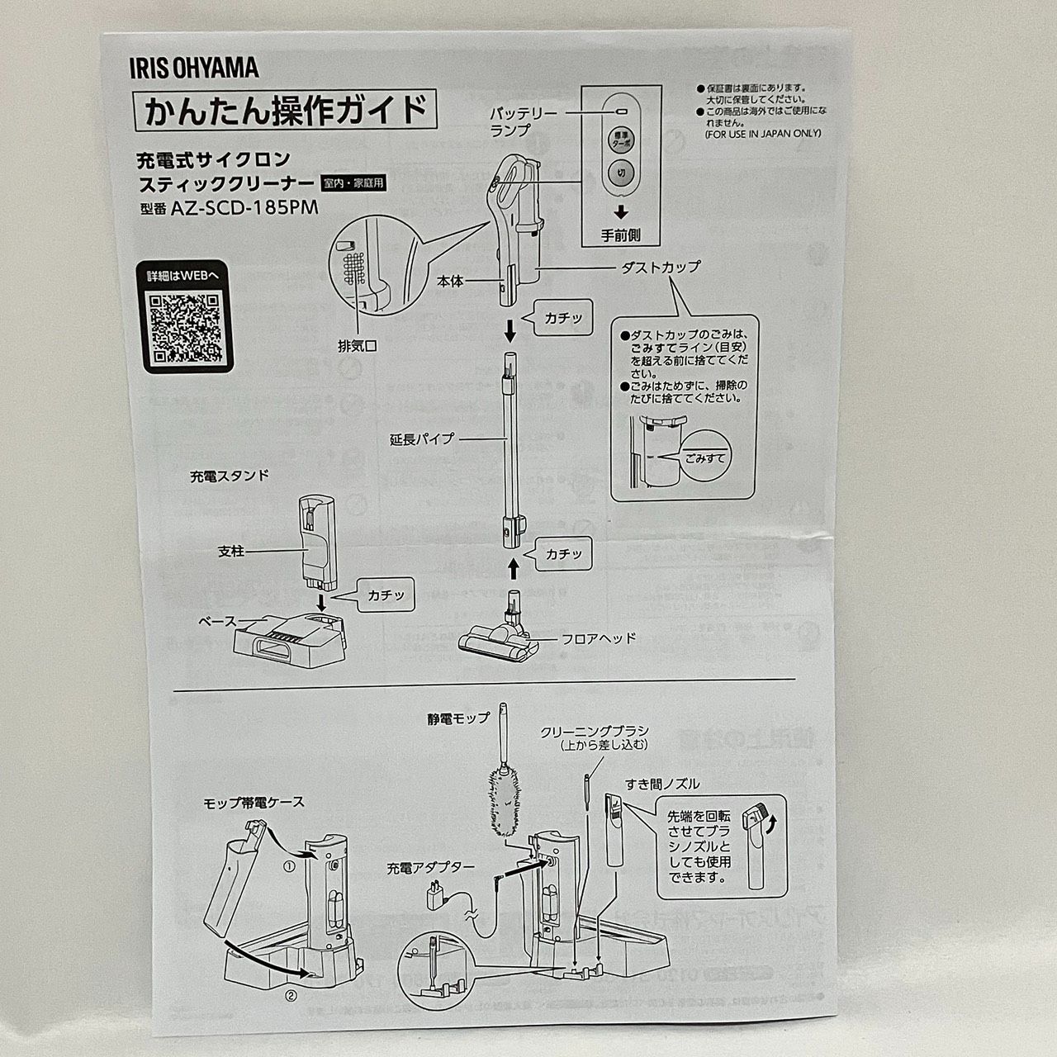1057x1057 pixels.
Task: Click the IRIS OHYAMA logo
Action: [192, 68]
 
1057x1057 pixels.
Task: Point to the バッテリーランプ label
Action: [524, 121]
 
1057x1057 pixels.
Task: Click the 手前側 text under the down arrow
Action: [622, 235]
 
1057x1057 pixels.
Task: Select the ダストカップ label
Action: [660, 267]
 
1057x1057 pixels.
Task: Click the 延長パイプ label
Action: [422, 439]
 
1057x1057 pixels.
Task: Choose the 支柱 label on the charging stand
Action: [231, 551]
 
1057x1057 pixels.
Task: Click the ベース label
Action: [218, 621]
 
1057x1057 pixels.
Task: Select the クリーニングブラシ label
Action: [594, 732]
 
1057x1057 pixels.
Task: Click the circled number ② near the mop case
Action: [291, 995]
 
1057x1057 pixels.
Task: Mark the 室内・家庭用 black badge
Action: [353, 184]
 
